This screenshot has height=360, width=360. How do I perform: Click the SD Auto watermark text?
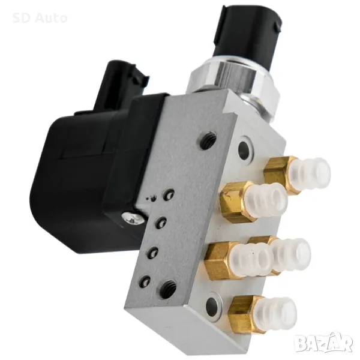(40, 18)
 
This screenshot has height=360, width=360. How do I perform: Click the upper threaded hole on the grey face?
(208, 139)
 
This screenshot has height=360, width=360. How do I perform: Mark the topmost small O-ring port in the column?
(169, 195)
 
